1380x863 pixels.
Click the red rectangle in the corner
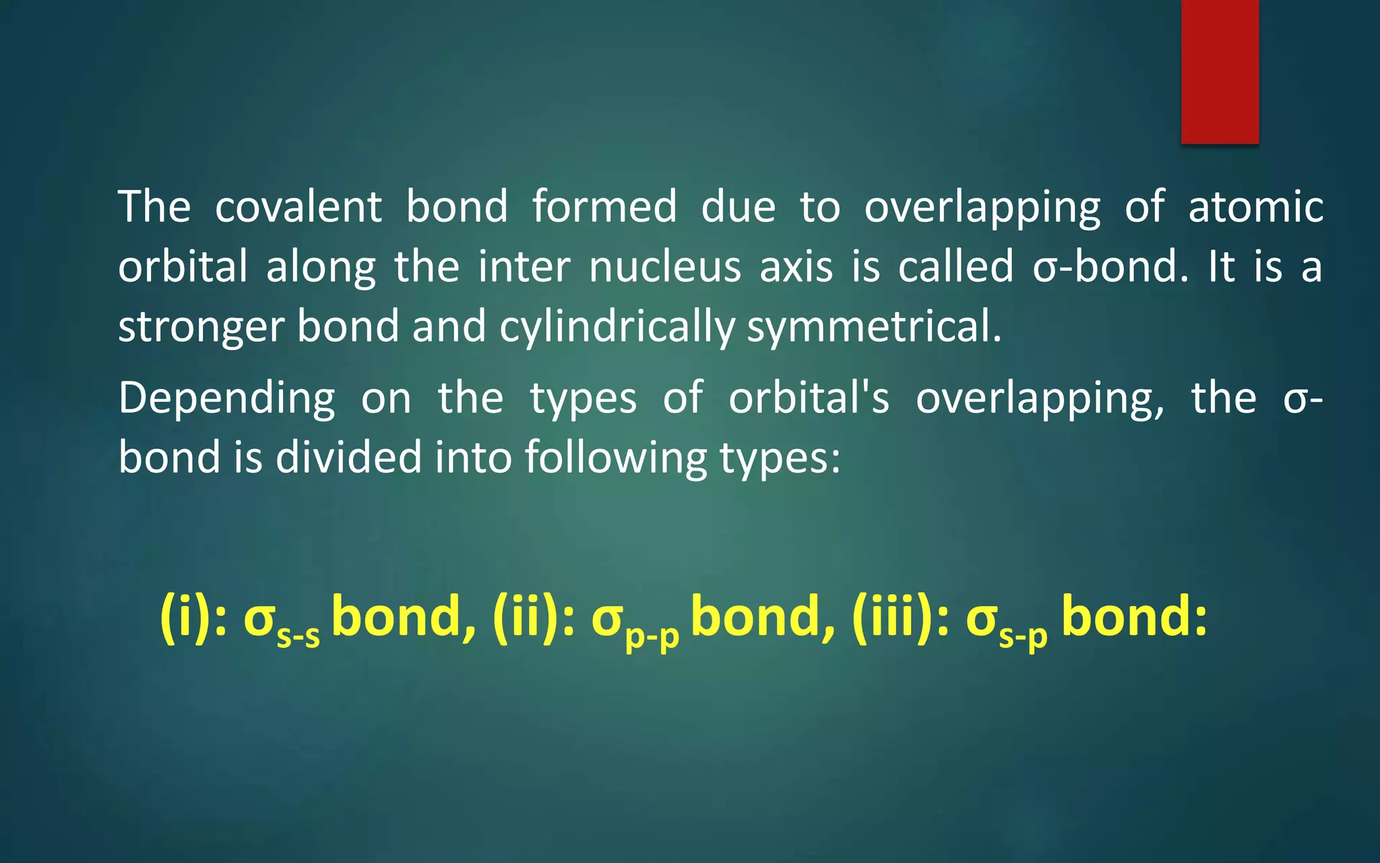1220,71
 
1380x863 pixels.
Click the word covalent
299,206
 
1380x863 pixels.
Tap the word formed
604,206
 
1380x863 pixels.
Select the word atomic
1255,206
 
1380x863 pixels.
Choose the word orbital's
809,398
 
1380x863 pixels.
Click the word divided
348,457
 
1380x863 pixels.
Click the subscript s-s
299,636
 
